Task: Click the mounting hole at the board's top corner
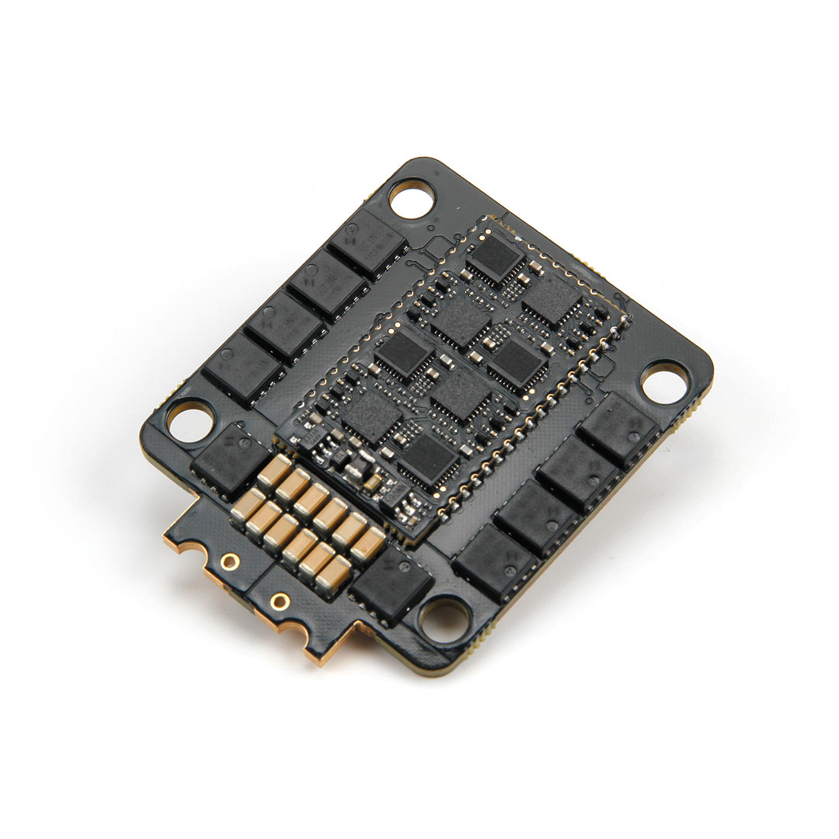point(412,200)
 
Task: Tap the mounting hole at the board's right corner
point(665,382)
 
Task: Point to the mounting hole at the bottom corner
point(445,618)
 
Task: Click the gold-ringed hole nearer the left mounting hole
point(229,560)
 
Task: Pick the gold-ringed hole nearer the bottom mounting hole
point(280,601)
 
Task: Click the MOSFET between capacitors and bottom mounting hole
point(392,586)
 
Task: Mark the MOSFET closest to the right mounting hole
point(619,429)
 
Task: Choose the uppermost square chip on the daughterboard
point(495,257)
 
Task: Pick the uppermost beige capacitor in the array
point(274,470)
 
